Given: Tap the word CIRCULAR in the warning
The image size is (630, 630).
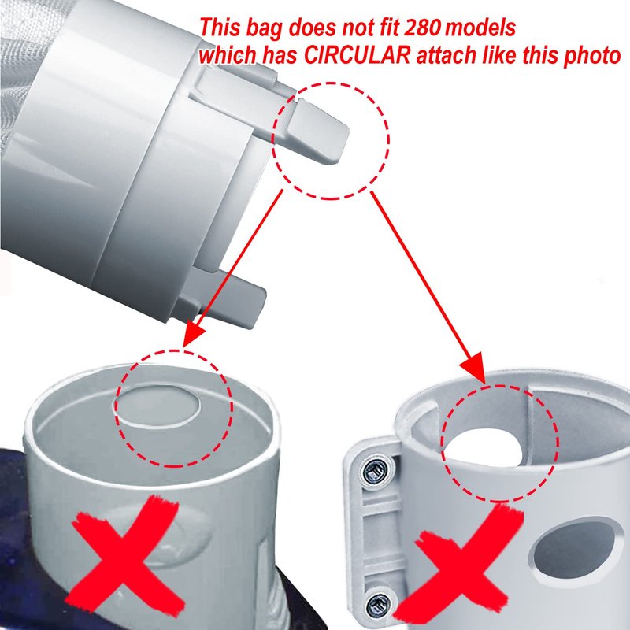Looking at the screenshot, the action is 357,55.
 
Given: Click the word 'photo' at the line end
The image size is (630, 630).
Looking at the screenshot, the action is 591,57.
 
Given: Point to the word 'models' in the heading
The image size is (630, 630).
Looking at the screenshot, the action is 480,28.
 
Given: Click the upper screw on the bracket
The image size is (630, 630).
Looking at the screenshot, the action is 375,471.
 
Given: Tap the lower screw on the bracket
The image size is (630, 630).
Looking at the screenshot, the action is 378,603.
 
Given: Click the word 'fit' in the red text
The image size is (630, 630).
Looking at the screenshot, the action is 388,28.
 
